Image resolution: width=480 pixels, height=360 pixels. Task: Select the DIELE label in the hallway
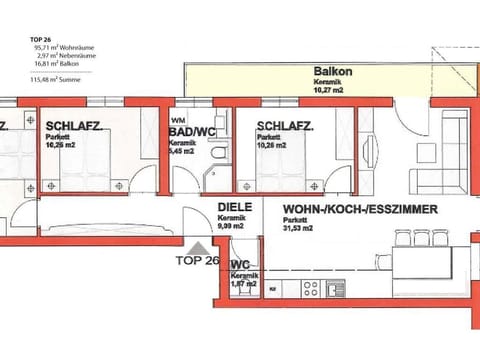point(234,209)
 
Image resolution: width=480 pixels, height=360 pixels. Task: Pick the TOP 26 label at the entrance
point(197,259)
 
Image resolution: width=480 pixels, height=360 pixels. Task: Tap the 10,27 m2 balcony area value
point(331,89)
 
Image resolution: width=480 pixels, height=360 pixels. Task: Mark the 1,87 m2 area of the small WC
point(241,285)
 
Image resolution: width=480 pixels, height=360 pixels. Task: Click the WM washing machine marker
point(180,117)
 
